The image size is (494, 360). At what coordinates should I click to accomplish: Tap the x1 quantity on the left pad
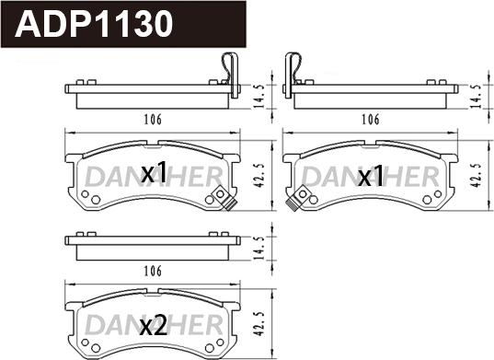click(153, 172)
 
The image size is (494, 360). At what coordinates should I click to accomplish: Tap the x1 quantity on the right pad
click(370, 177)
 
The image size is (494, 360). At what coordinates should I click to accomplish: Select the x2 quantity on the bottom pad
click(153, 325)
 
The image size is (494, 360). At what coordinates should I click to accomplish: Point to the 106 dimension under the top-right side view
click(370, 119)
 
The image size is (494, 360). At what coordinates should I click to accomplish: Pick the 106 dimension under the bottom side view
click(153, 271)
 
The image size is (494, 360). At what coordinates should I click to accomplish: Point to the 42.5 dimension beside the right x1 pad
click(475, 172)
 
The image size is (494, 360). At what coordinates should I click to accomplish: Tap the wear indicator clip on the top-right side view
click(294, 70)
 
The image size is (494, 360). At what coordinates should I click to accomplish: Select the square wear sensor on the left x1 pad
click(221, 196)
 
